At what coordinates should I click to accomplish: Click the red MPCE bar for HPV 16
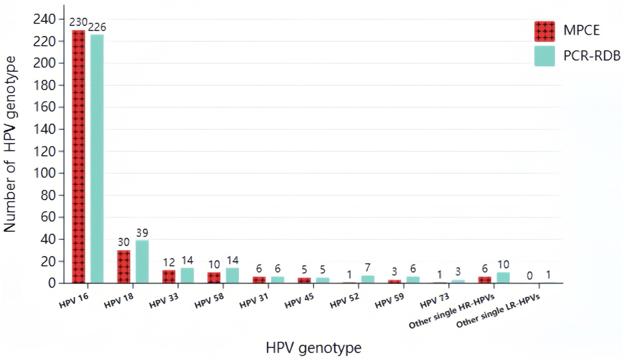click(79, 156)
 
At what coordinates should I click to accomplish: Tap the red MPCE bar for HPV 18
click(124, 266)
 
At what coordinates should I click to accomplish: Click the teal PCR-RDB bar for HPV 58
click(232, 275)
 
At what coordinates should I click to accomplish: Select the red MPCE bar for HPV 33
click(169, 277)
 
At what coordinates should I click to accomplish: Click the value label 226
click(97, 26)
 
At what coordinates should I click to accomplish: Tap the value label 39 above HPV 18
click(142, 233)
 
